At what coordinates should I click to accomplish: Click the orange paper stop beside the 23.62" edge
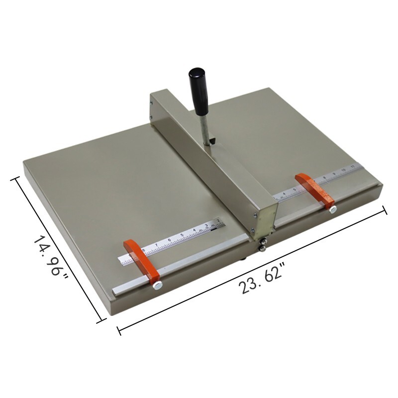pyautogui.click(x=315, y=191)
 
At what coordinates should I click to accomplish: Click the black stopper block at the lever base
pyautogui.click(x=212, y=142)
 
